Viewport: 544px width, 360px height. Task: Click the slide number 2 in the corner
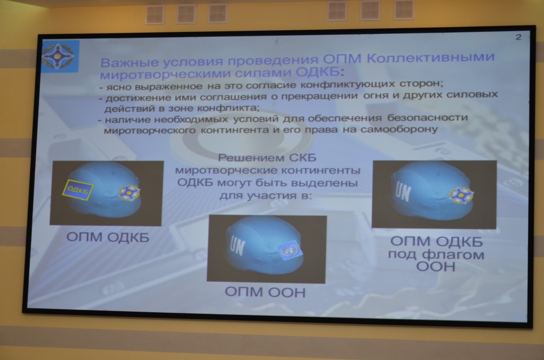pos(518,37)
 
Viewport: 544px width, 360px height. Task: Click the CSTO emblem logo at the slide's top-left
pos(60,56)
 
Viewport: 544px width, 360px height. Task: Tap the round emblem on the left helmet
pos(129,193)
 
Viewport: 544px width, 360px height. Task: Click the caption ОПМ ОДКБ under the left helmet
pos(107,237)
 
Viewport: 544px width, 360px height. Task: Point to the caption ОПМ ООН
pos(265,292)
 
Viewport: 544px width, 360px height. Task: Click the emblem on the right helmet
pos(461,195)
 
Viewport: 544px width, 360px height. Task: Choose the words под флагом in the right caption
pos(436,254)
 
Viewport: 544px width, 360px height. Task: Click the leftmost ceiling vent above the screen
pos(155,14)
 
